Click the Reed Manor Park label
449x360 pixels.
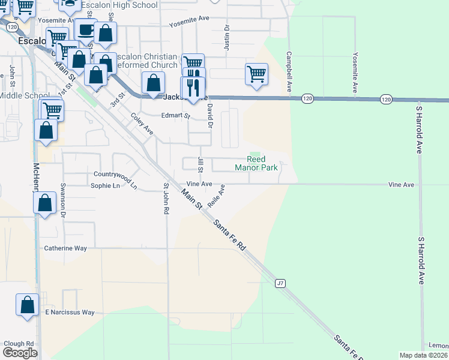262,163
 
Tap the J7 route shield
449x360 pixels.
280,283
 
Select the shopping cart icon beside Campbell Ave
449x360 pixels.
256,74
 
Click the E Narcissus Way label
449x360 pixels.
70,313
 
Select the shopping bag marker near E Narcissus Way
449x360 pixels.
28,305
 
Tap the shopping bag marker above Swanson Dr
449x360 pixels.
45,203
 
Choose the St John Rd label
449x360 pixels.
166,203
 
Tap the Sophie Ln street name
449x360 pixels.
105,186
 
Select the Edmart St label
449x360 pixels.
175,116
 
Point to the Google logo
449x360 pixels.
20,353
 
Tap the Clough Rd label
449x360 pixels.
19,344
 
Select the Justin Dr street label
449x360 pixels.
227,37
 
